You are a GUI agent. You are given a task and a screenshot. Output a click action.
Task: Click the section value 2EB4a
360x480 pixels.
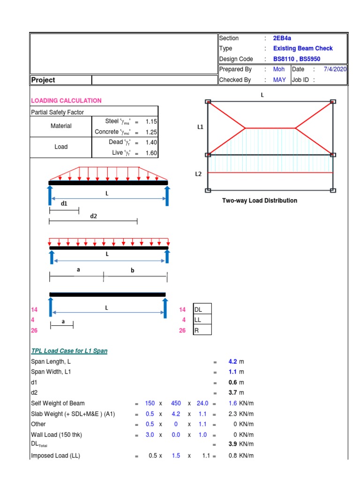[283, 38]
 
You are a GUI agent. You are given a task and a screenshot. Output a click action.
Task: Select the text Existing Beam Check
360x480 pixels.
[302, 49]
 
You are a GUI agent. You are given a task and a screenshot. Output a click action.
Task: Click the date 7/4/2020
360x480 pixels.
[335, 69]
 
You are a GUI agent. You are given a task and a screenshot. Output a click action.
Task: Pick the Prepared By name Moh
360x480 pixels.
[279, 69]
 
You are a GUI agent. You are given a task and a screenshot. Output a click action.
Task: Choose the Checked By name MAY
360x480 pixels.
[279, 80]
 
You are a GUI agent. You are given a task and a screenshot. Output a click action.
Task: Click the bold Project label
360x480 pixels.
[43, 80]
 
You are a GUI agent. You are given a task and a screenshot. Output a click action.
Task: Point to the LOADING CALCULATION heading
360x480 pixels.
[66, 101]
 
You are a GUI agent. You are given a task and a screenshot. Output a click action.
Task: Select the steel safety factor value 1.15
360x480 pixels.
[151, 121]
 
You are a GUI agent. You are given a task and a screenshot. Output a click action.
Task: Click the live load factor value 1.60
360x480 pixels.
[151, 153]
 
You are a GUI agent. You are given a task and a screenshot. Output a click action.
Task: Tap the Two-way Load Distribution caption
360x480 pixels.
[259, 201]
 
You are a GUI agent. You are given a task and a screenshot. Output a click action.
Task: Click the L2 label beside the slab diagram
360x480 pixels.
[198, 174]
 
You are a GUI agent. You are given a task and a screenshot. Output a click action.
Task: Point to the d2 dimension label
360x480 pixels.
[93, 216]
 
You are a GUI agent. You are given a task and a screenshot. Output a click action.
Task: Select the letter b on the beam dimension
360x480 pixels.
[133, 270]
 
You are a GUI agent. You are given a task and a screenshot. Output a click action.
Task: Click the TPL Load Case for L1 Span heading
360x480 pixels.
[69, 351]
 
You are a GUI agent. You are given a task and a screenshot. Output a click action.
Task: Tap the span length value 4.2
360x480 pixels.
[232, 362]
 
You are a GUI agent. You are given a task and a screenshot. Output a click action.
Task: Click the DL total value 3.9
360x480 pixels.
[232, 444]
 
